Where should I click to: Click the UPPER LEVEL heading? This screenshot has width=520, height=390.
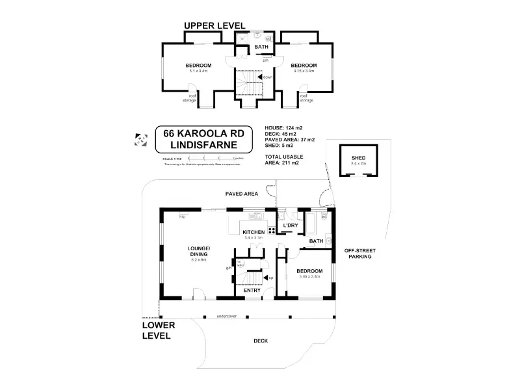[214, 25]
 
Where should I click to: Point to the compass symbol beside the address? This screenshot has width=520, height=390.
[140, 138]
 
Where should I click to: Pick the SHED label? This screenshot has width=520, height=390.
[358, 158]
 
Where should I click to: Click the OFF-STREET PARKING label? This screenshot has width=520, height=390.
[359, 253]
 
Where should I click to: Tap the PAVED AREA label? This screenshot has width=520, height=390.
[241, 194]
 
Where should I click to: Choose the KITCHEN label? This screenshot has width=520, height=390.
[253, 232]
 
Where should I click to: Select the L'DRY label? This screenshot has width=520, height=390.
[290, 226]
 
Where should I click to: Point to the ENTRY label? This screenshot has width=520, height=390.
[252, 290]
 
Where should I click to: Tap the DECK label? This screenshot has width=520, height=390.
[260, 341]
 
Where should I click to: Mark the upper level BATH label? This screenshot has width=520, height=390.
[261, 47]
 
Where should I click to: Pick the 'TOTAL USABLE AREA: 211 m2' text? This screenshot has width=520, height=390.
[282, 161]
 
